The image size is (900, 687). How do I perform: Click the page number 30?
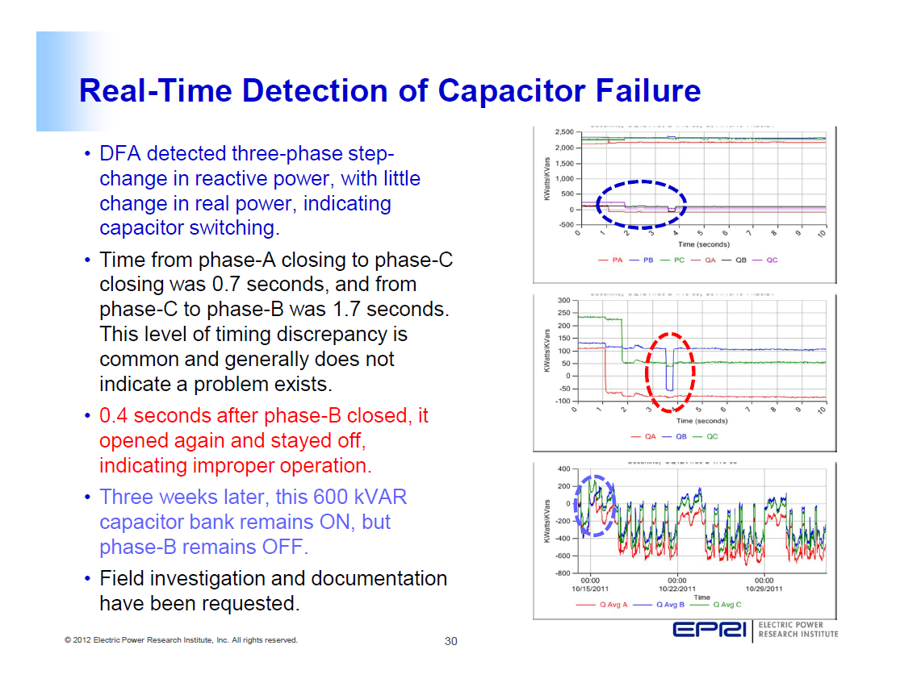pos(451,642)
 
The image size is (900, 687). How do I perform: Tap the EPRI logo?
pos(710,630)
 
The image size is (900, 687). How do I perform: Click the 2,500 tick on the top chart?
pos(563,132)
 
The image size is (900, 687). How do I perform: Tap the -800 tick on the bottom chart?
pos(562,573)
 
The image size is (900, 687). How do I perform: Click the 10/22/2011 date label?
pos(676,589)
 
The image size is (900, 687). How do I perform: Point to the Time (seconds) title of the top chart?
pos(703,244)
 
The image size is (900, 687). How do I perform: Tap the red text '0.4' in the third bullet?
pos(115,416)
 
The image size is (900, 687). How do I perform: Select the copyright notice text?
pos(181,640)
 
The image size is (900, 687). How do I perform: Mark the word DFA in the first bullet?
pos(120,154)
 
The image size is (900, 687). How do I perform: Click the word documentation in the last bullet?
pos(387,579)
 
